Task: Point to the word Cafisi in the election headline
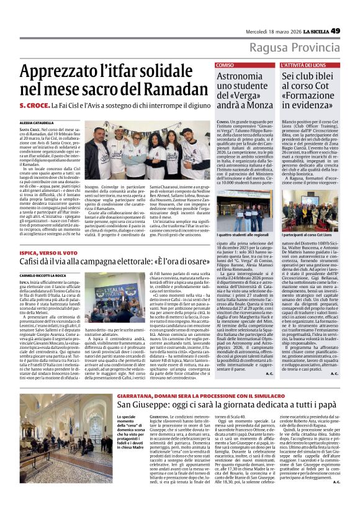pos(32,263)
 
